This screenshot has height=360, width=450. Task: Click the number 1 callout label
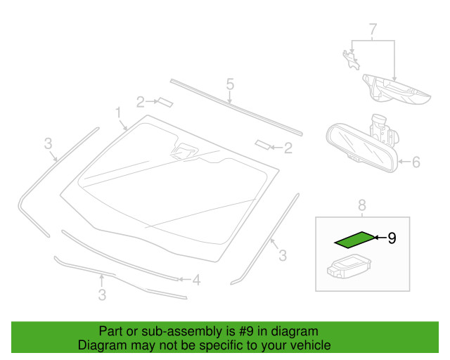coord(119,112)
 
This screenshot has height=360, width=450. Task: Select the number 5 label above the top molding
coord(229,85)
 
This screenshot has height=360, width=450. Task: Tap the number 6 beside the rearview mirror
coord(416,162)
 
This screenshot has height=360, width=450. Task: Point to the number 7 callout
coord(373,30)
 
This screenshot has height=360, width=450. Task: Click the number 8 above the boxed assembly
coord(362,205)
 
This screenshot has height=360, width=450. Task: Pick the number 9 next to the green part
coord(392,238)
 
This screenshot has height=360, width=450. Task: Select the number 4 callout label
coord(196,281)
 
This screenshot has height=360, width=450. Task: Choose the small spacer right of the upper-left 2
coord(165,101)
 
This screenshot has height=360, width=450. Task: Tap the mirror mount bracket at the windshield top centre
coord(185,150)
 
